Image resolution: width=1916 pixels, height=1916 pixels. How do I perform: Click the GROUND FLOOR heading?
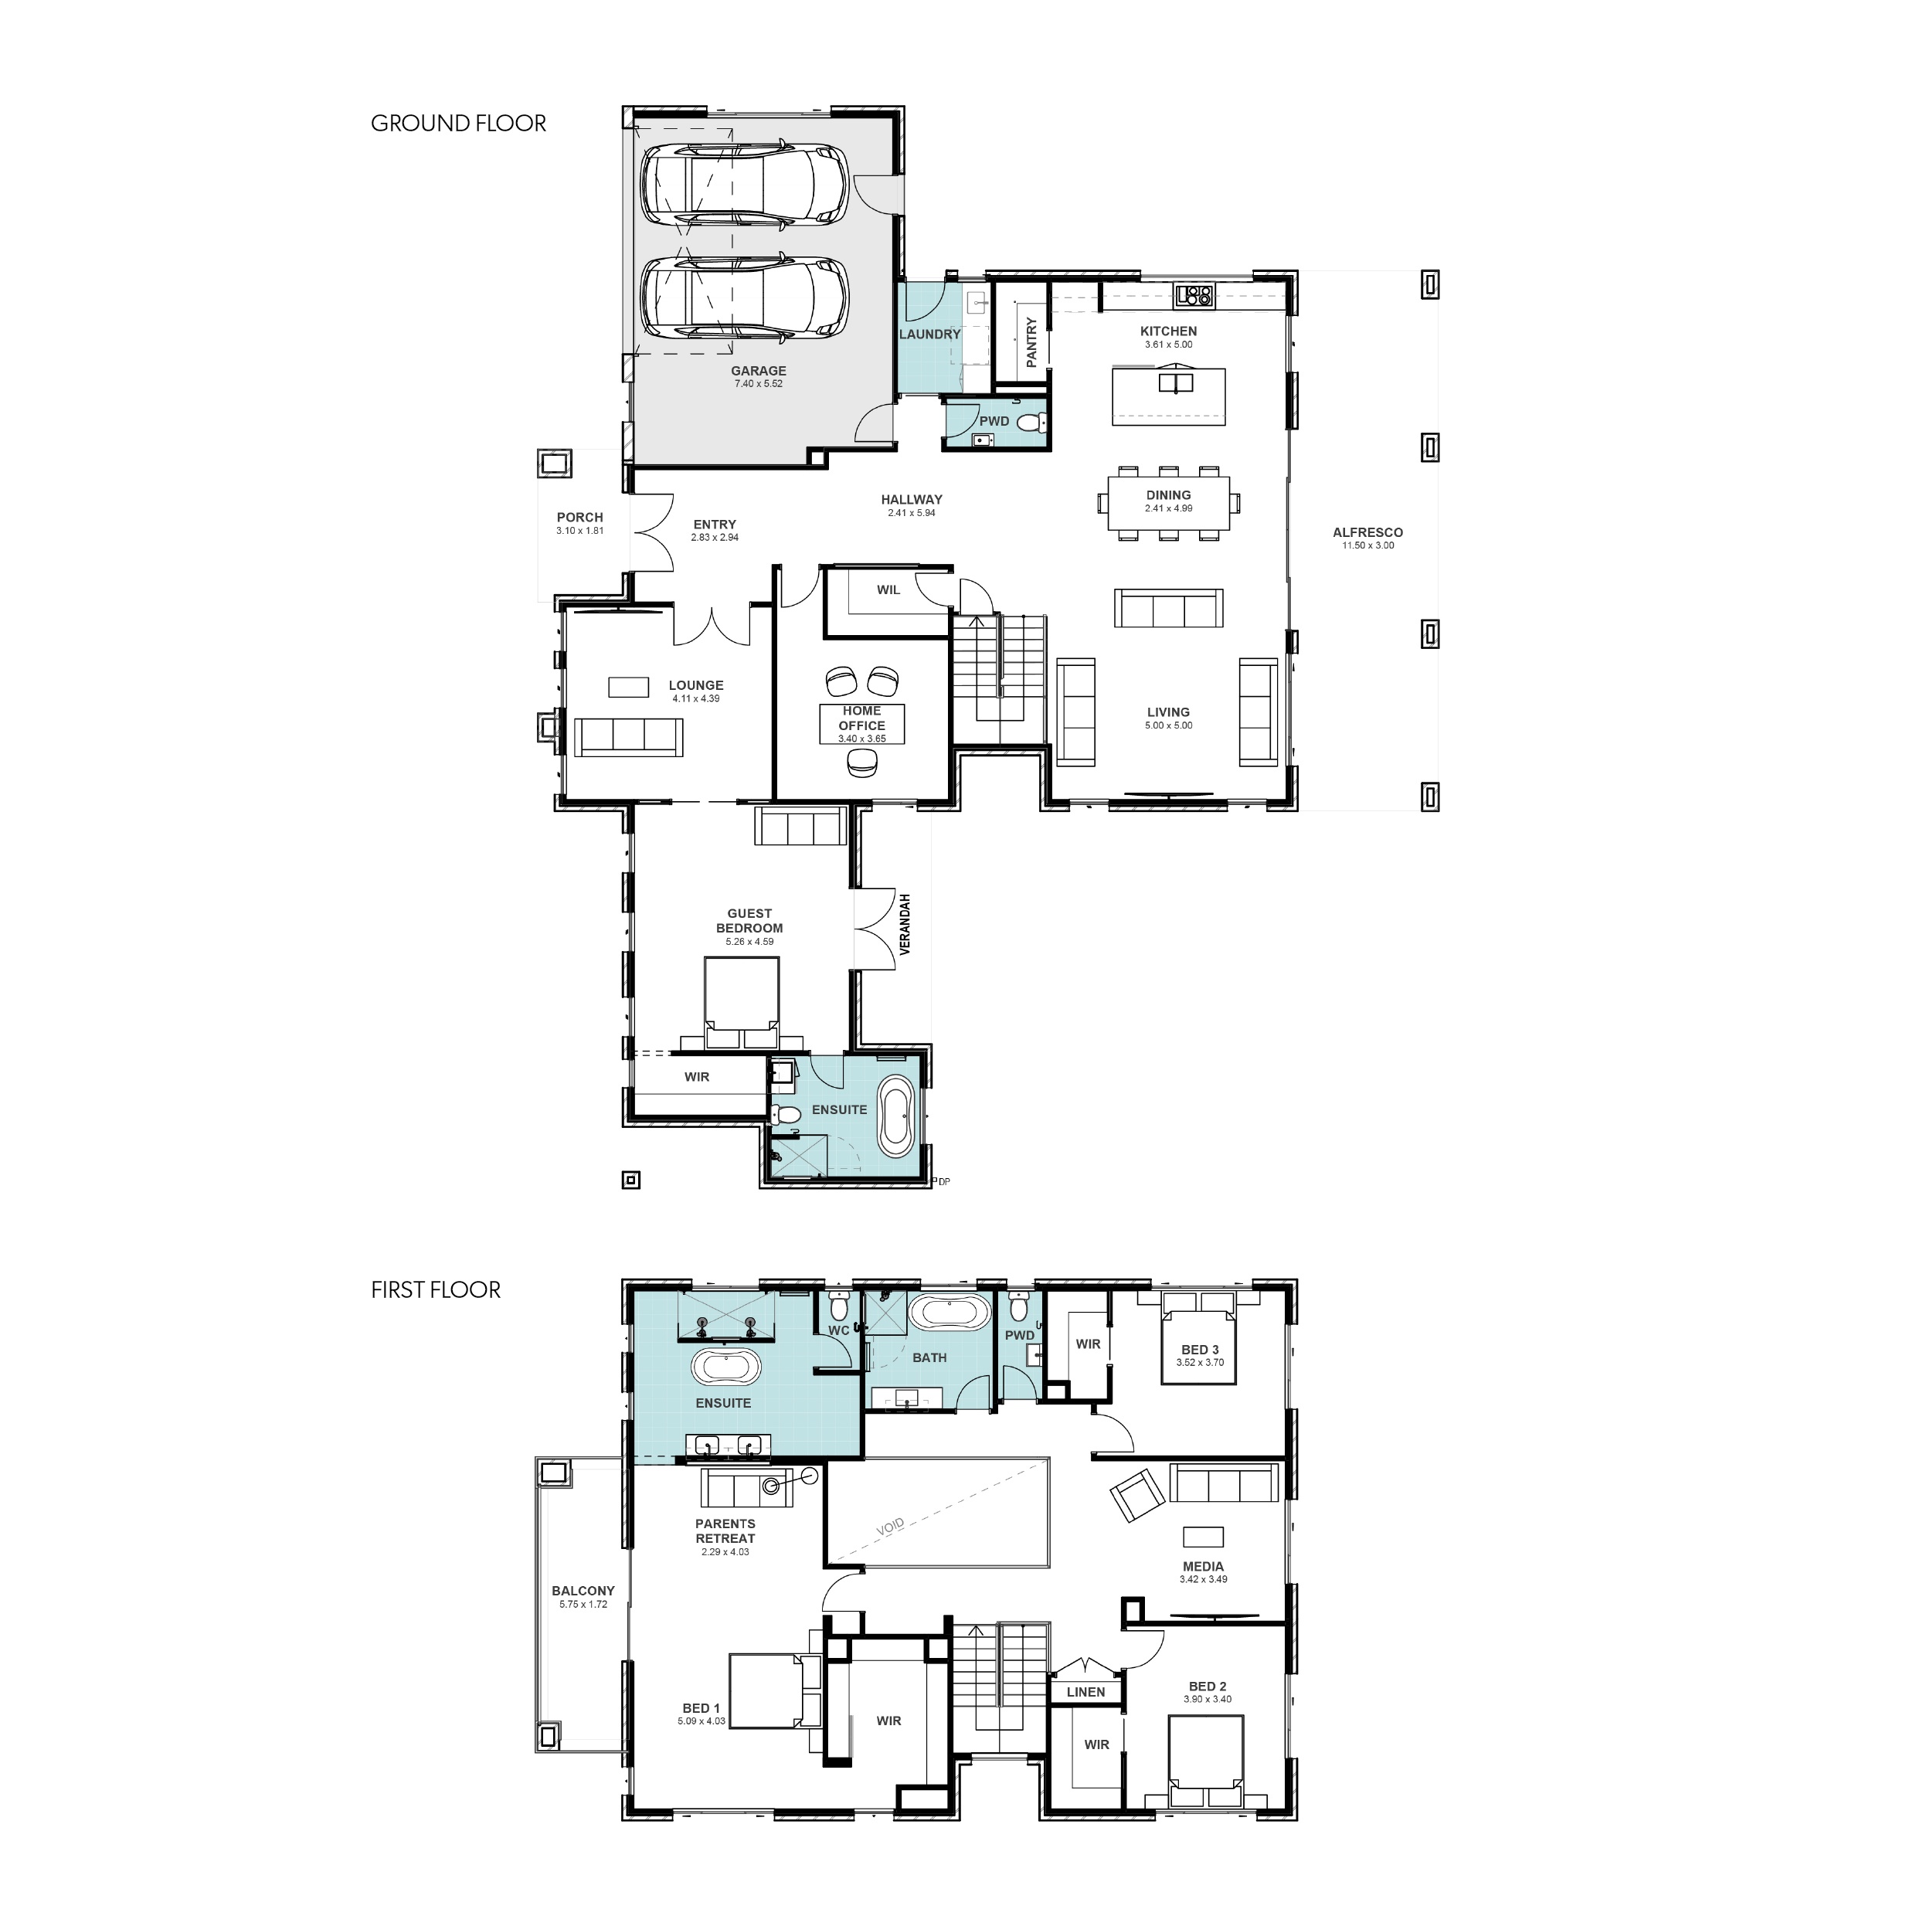click(458, 123)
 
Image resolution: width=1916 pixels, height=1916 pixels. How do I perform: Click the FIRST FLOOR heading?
click(436, 1289)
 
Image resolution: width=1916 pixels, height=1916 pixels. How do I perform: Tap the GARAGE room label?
click(759, 371)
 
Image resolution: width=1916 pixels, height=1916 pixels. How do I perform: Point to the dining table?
click(1168, 502)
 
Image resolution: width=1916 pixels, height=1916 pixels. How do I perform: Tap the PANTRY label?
click(1031, 342)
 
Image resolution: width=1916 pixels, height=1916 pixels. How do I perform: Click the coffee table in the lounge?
click(628, 686)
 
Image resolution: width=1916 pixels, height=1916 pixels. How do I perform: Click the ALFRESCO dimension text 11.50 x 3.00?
click(1368, 545)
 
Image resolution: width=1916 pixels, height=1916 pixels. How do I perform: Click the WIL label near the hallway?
click(888, 590)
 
